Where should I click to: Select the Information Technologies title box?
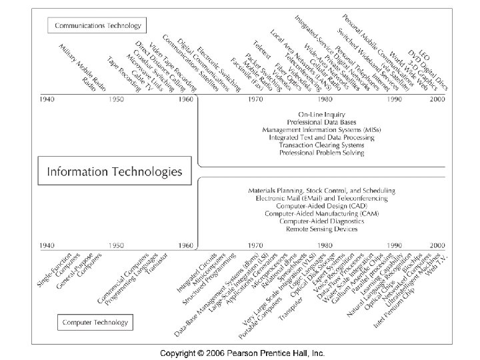pos(114,171)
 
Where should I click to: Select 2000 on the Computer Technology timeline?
pos(437,245)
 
